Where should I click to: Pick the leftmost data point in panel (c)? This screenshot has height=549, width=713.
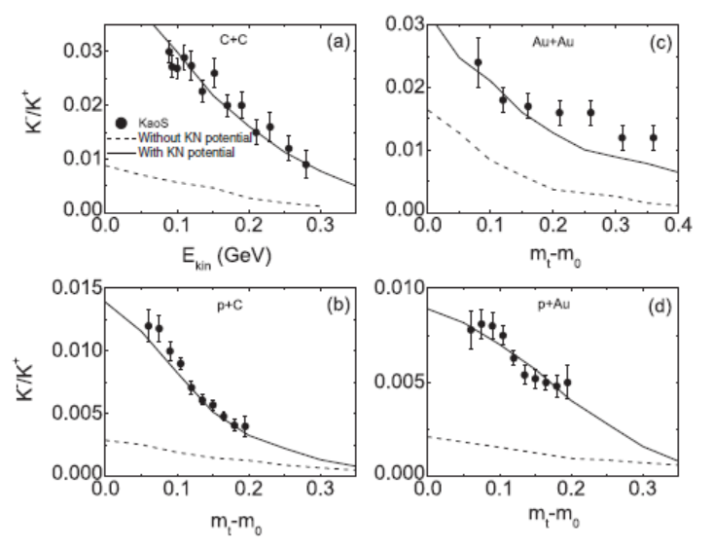[x=478, y=62]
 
